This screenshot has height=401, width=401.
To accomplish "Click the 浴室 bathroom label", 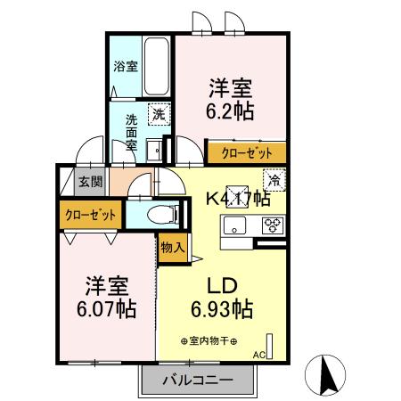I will (x=125, y=66).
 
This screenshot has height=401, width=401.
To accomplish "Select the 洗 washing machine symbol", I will (x=158, y=113).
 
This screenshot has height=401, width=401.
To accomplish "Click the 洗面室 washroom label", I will (x=131, y=133).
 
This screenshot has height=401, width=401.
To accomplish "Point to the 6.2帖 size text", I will (x=231, y=111).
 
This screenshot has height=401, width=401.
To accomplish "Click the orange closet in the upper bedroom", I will (x=247, y=153).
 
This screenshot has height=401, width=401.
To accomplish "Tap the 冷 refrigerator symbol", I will (x=274, y=179).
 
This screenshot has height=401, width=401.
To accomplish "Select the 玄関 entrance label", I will (x=90, y=182).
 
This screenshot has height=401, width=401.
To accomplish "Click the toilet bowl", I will (x=161, y=214).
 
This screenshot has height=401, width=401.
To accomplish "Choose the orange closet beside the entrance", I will (x=90, y=215).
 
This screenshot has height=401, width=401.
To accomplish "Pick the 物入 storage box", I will (x=171, y=249).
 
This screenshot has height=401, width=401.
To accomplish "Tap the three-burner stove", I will (x=272, y=225).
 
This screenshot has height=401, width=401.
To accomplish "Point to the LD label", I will (x=222, y=288).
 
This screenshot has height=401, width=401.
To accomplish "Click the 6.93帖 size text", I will (x=222, y=310).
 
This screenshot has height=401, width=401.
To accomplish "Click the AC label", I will (x=259, y=355).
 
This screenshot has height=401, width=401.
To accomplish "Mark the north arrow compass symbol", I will (x=327, y=373).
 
